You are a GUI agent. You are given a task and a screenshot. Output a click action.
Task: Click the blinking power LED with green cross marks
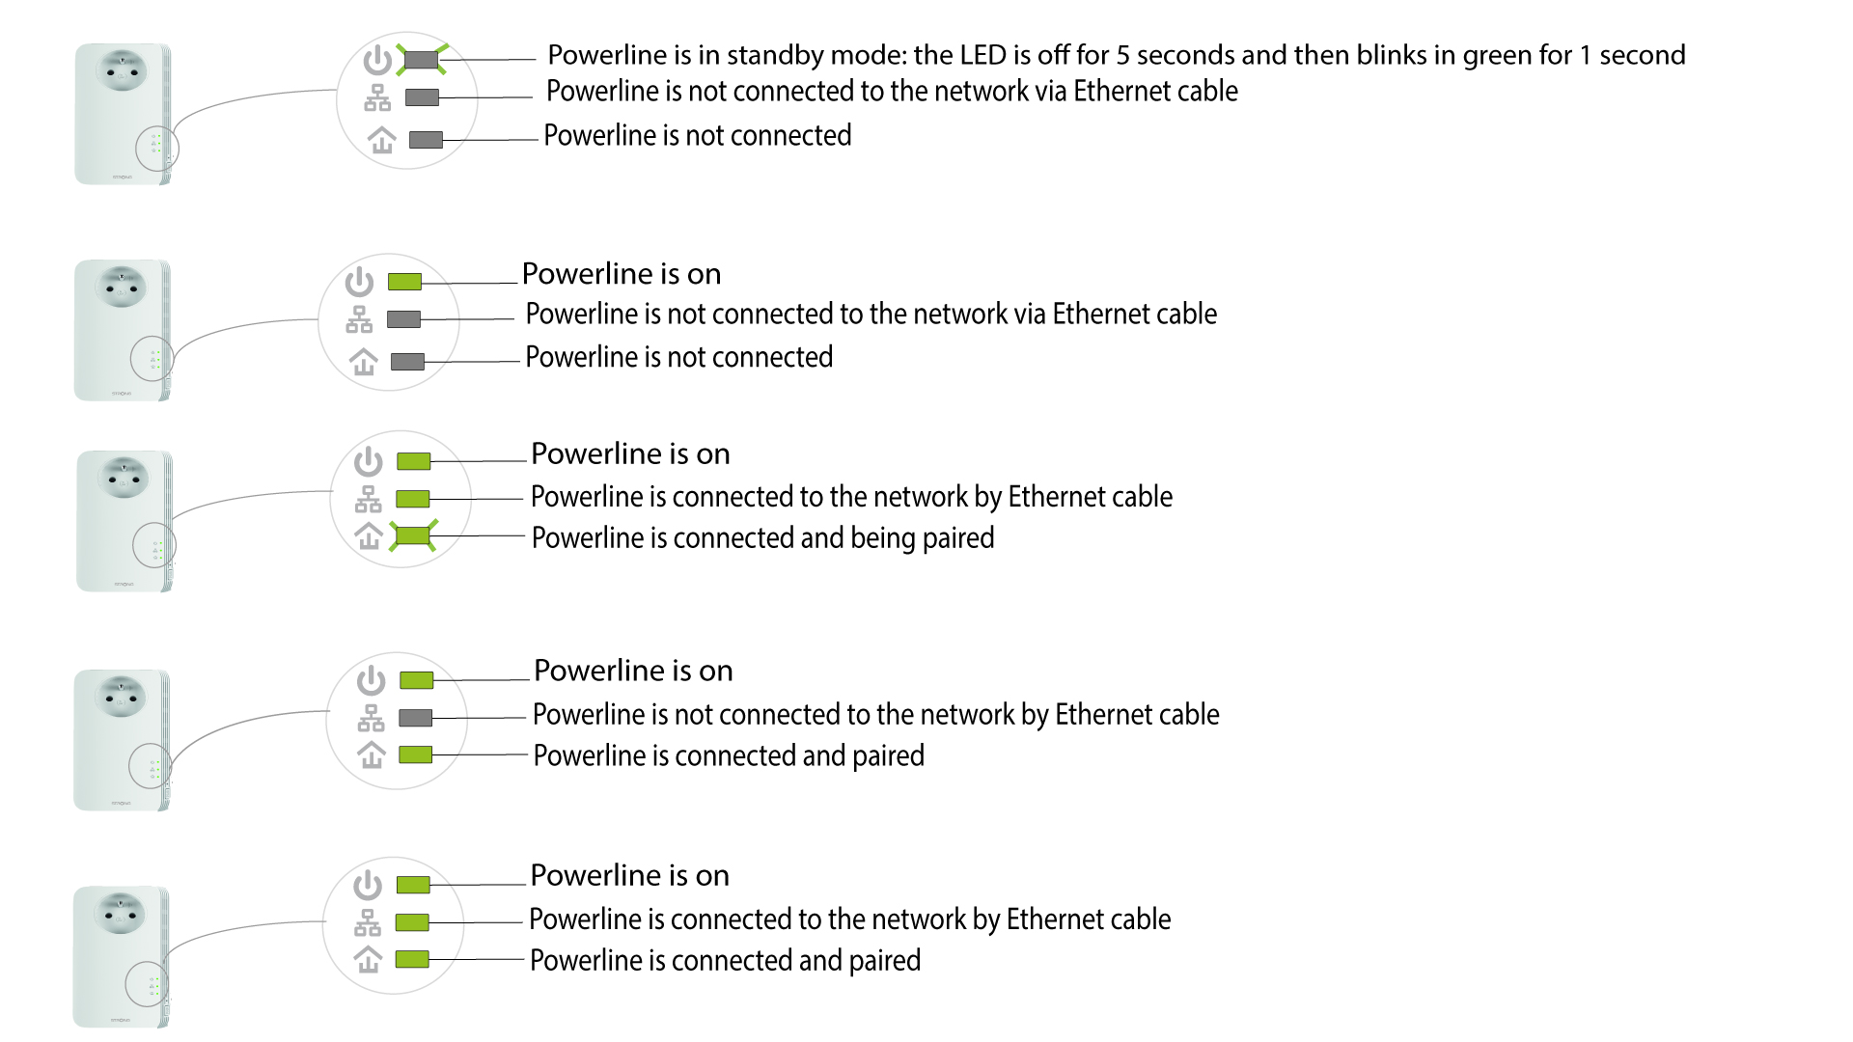point(422,60)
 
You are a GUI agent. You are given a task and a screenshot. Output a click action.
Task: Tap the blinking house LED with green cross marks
point(414,535)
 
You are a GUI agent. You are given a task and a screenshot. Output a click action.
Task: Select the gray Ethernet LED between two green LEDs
point(415,718)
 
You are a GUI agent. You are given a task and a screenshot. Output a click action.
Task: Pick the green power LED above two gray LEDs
point(404,282)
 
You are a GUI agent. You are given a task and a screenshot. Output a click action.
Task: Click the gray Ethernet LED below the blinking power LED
point(422,97)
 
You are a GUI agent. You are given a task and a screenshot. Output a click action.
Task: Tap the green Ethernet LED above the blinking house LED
point(413,499)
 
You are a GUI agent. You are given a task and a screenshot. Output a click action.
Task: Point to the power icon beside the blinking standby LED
point(377,60)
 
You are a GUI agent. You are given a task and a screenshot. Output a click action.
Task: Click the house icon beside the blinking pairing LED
point(369,535)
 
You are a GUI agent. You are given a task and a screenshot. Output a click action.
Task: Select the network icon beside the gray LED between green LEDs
point(371,718)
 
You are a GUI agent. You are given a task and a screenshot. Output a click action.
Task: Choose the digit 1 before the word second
point(1585,56)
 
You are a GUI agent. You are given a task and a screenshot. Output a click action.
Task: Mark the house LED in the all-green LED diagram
point(412,959)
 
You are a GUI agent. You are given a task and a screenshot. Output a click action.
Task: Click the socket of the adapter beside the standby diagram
point(122,69)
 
